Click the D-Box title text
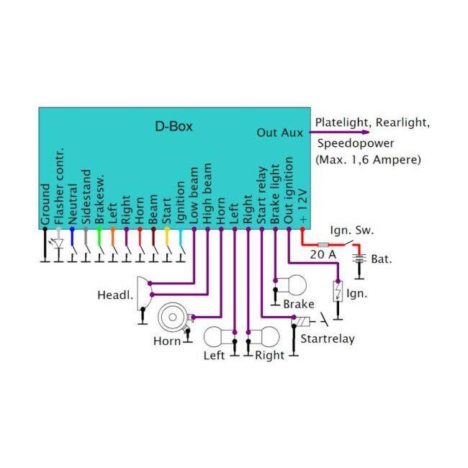(174, 126)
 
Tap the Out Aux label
(279, 132)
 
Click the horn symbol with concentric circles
(172, 317)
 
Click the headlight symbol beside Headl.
(145, 293)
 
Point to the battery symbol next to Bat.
(359, 258)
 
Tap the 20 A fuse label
(323, 255)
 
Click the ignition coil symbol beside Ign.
(338, 291)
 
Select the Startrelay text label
(328, 339)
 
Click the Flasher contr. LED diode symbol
(59, 243)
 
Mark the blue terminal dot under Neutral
(72, 229)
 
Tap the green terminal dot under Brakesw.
(99, 229)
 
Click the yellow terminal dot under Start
(167, 229)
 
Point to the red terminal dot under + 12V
(302, 229)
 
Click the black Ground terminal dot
(45, 229)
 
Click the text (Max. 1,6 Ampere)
(369, 160)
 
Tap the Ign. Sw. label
(352, 230)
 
